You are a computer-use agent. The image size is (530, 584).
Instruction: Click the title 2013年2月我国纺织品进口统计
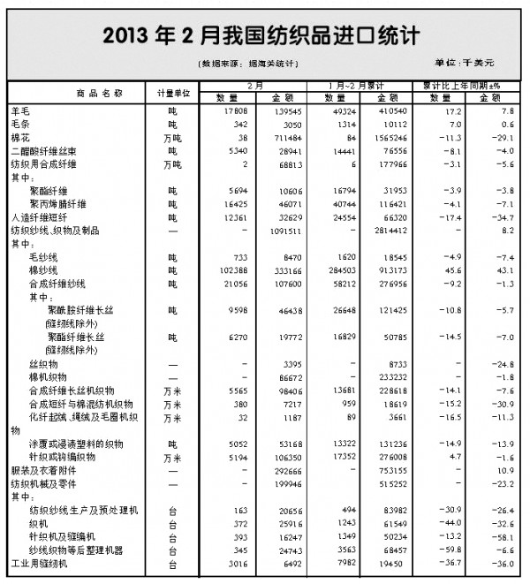(x=261, y=35)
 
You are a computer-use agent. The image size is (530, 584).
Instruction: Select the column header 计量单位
(x=173, y=93)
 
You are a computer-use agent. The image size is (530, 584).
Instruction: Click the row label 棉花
(x=20, y=140)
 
